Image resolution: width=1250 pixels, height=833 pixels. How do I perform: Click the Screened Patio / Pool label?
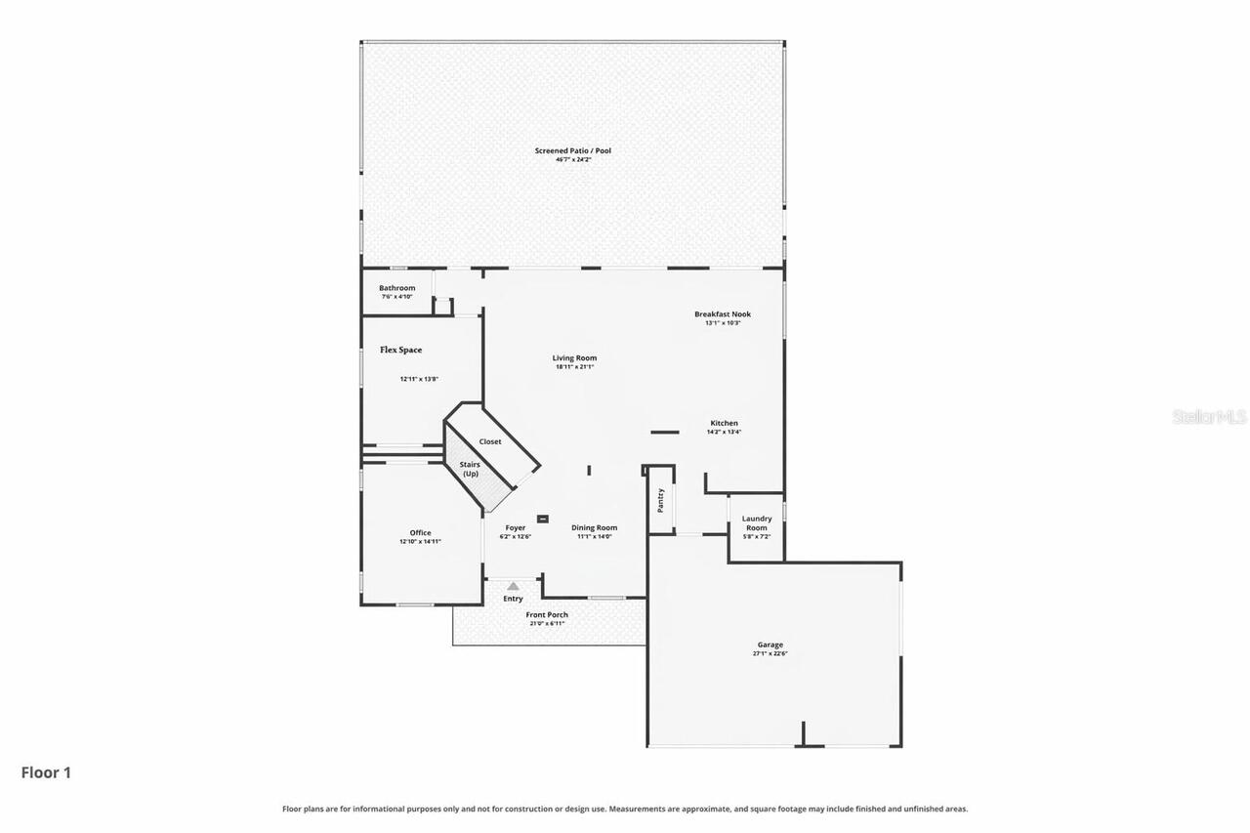coord(573,150)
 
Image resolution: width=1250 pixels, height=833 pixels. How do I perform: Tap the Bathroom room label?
coord(397,288)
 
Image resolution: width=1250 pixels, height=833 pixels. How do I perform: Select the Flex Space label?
coord(401,350)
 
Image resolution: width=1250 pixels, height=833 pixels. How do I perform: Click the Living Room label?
coord(574,357)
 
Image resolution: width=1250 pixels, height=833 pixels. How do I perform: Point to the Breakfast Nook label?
coord(723,313)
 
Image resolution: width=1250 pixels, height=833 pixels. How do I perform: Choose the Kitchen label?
coord(724,423)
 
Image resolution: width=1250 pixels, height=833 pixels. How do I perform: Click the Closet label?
coord(490,441)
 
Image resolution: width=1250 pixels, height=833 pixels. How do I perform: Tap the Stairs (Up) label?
coord(471,469)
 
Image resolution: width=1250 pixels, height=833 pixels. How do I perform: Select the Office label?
coord(420,532)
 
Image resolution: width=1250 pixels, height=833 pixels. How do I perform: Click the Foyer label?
coord(515,527)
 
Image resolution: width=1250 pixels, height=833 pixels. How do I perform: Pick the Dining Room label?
coord(594,527)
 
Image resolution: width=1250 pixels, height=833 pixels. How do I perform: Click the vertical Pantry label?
coord(661,500)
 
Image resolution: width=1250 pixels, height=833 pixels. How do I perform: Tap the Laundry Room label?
coord(757,523)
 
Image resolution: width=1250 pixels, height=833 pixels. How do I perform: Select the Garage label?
coord(771,645)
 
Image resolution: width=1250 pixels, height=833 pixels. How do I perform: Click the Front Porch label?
coord(547,614)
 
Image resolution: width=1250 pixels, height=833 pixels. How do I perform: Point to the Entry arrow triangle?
coord(513,586)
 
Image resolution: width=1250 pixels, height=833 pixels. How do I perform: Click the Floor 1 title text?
coord(46,772)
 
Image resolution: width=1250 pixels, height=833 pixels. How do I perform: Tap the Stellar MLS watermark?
coord(1209,417)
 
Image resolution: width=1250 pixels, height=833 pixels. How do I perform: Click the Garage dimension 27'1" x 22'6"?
coord(771,653)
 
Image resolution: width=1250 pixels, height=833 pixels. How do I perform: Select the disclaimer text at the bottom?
coord(625,809)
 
